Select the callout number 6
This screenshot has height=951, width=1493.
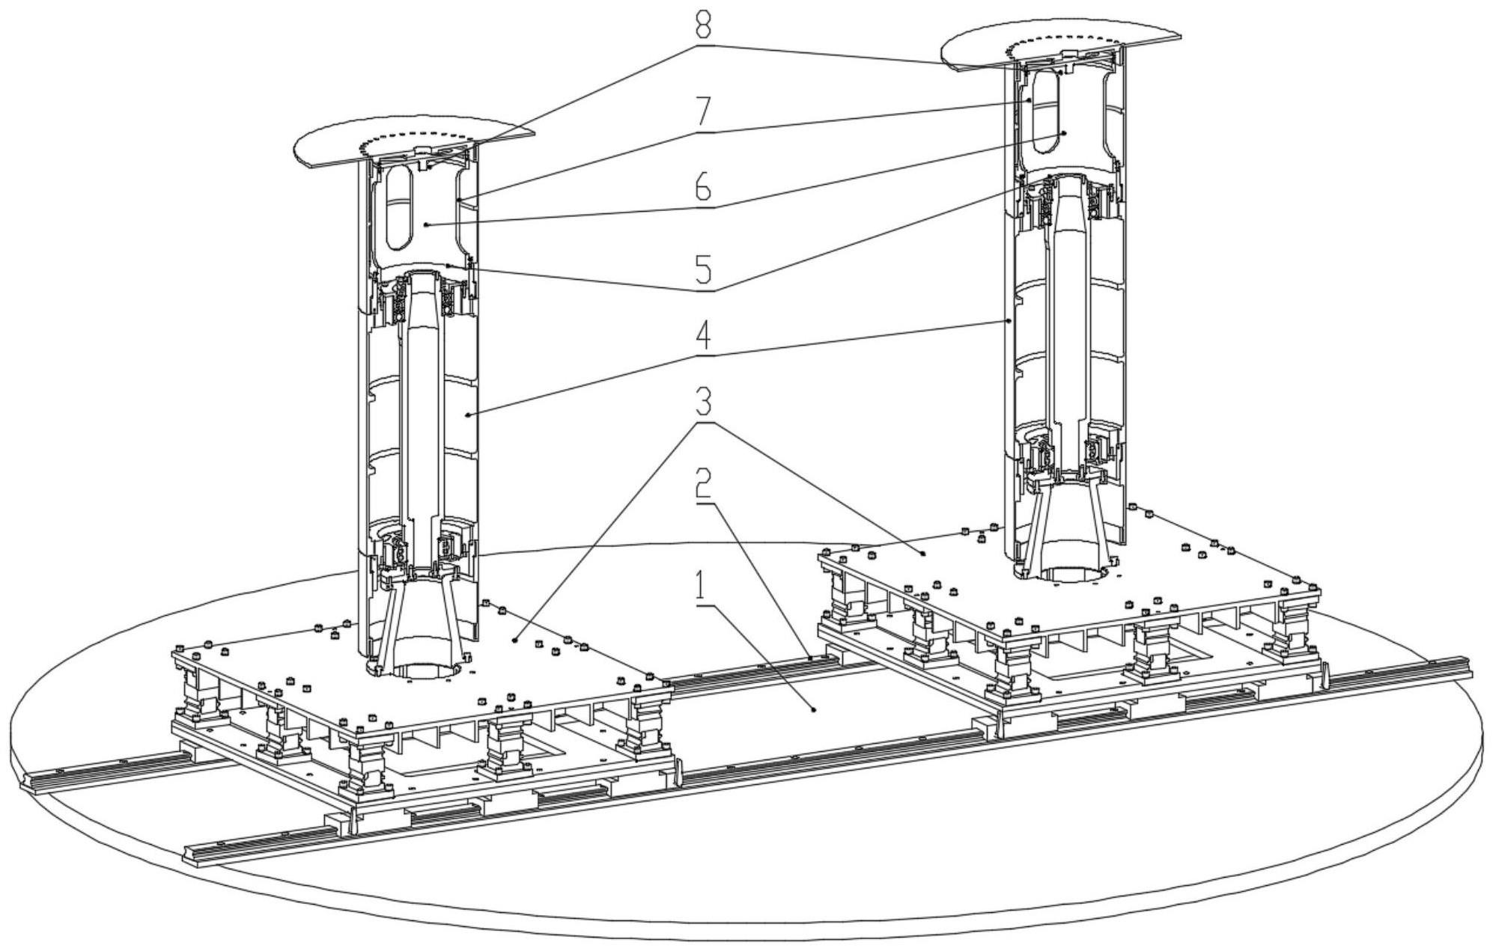tap(702, 187)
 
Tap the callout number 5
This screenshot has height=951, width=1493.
tap(702, 269)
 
